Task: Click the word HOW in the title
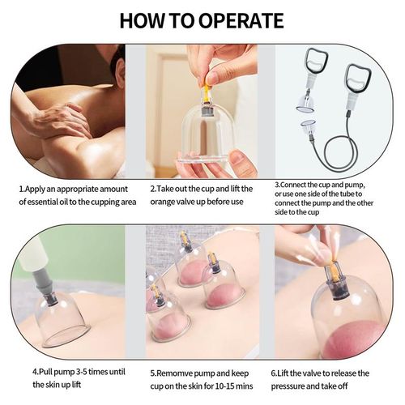click(x=143, y=20)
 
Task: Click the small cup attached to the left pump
click(x=305, y=104)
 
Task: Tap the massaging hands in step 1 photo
click(x=61, y=122)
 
